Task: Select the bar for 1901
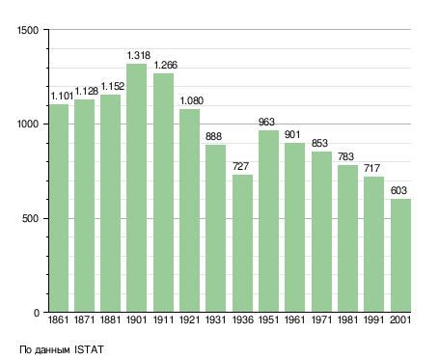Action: [136, 188]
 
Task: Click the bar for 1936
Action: [242, 243]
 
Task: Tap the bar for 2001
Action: [400, 256]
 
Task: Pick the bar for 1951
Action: [268, 221]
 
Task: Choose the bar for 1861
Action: [59, 208]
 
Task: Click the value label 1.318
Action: [139, 56]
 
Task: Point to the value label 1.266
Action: [166, 66]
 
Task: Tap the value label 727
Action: [240, 166]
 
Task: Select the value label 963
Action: [266, 122]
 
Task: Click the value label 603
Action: [398, 191]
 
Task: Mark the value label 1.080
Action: [192, 101]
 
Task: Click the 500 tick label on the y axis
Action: [30, 219]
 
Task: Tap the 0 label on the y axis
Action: [37, 313]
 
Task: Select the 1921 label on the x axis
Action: [189, 319]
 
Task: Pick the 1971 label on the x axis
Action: [321, 319]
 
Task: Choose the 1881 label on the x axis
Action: [110, 319]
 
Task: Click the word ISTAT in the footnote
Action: [89, 349]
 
